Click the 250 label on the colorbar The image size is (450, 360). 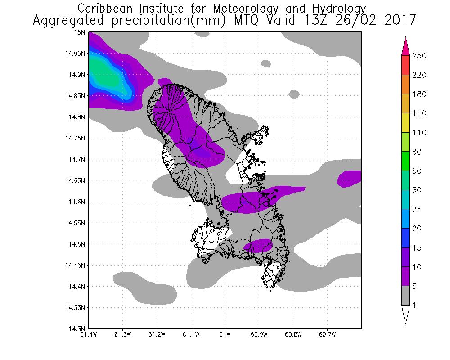coord(419,56)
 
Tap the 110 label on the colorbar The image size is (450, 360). coord(419,133)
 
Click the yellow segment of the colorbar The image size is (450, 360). coord(405,123)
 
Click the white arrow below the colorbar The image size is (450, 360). coord(405,315)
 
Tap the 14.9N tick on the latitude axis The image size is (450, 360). coord(77,75)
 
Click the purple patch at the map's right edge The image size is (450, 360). coord(350,178)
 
